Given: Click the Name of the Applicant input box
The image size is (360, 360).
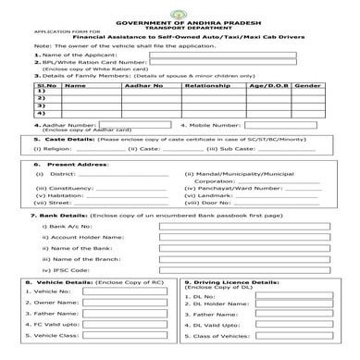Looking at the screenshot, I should click(199, 54).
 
